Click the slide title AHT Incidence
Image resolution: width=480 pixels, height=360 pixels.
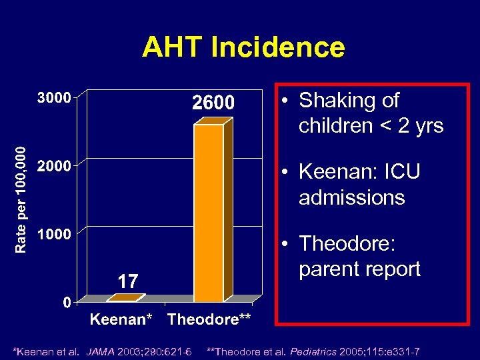[x=243, y=47]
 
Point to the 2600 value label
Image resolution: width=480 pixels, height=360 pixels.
[x=213, y=103]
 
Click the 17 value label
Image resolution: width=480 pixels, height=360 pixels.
[x=127, y=281]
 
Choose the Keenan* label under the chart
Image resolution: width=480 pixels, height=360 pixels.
[x=125, y=319]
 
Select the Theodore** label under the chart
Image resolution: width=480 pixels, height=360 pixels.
[x=209, y=319]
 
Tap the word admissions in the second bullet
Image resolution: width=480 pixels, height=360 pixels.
[x=351, y=197]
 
